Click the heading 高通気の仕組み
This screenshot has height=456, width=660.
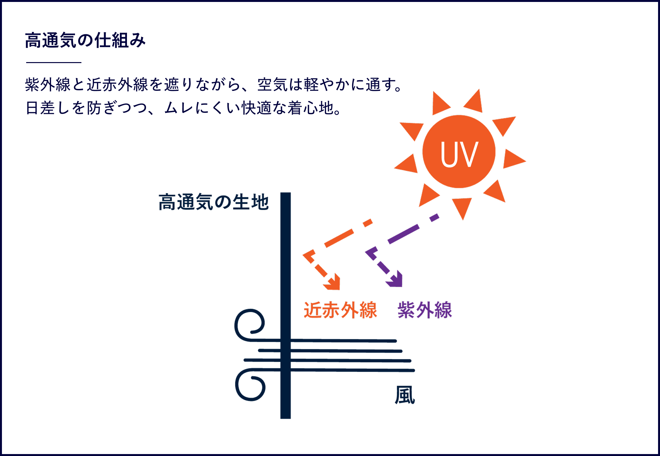85,40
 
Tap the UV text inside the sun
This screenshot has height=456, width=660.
459,154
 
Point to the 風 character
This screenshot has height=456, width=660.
405,395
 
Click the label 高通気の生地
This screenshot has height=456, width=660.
214,202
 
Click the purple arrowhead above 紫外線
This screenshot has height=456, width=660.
395,279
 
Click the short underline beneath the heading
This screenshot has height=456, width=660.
54,62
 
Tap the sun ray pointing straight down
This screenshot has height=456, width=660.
462,208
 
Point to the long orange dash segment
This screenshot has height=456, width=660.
339,238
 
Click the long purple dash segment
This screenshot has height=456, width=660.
403,234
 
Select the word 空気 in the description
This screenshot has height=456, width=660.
273,85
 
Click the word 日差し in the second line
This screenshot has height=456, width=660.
47,108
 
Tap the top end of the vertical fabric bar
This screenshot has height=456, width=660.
286,193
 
